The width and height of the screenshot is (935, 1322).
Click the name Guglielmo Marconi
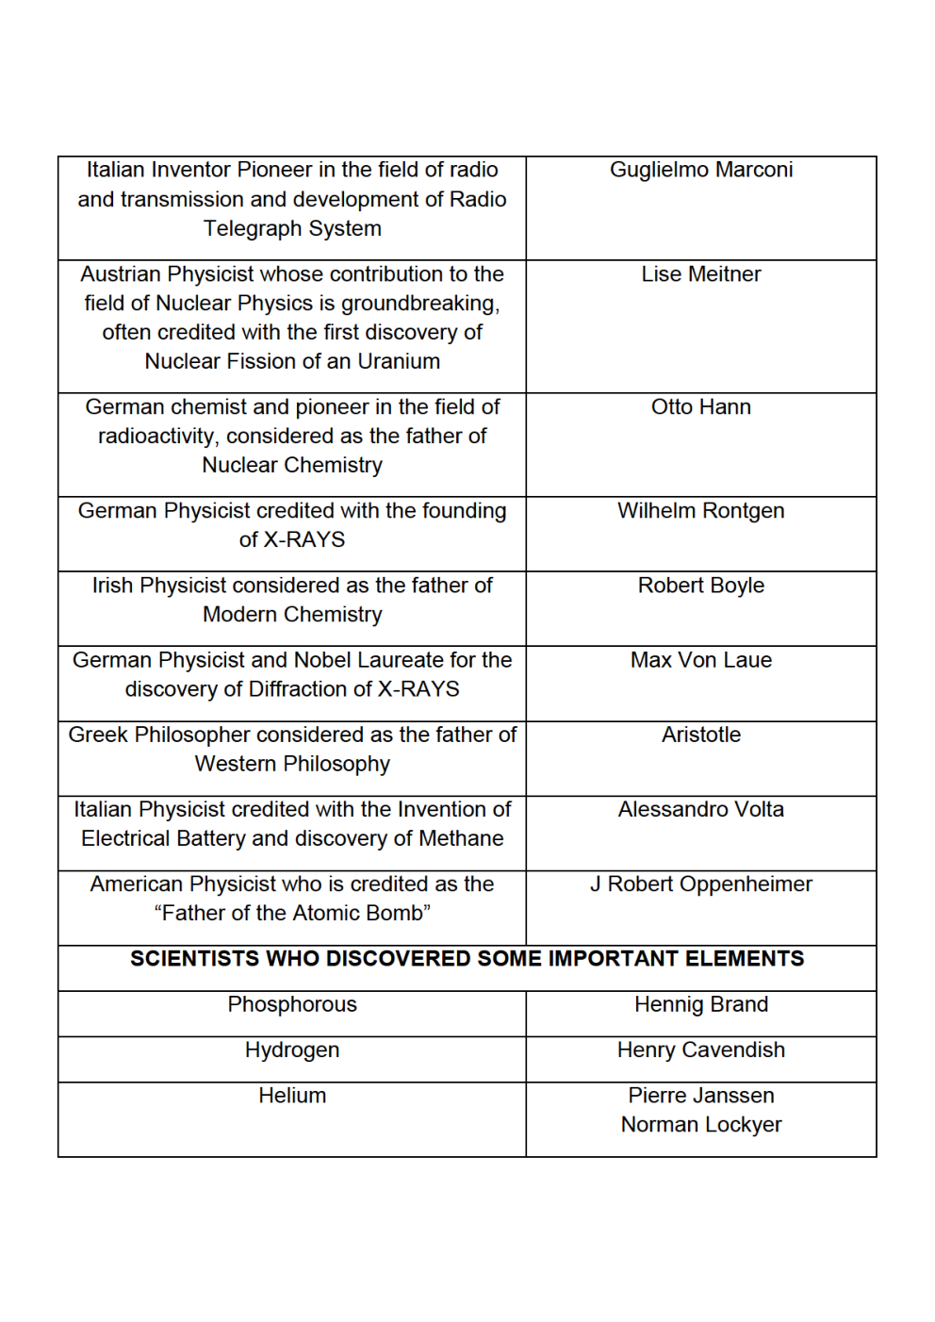(x=700, y=170)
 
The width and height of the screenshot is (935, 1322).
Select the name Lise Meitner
(x=700, y=274)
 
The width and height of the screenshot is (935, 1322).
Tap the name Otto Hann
(x=700, y=407)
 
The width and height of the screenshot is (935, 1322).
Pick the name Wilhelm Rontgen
(x=700, y=511)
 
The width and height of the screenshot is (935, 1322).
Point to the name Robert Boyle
(x=700, y=586)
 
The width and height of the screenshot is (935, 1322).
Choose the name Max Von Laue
(x=700, y=660)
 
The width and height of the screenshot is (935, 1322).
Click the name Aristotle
(x=700, y=735)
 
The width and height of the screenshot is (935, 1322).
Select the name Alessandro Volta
(x=700, y=809)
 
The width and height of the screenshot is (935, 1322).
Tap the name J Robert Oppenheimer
(x=700, y=884)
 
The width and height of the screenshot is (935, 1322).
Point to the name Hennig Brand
(x=700, y=1005)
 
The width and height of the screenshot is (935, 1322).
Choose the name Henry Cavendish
(x=700, y=1050)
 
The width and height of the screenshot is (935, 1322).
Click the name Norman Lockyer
(x=700, y=1125)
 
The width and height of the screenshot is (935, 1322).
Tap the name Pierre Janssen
(x=700, y=1096)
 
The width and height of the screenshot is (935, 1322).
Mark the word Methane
(x=461, y=839)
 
